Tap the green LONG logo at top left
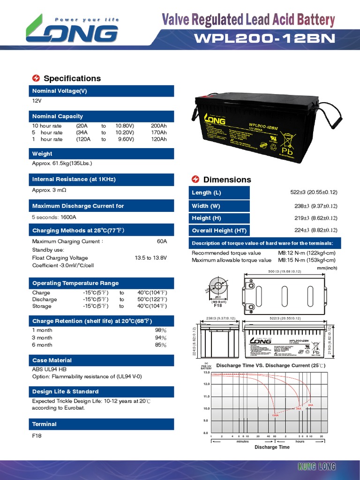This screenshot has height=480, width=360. click(x=73, y=31)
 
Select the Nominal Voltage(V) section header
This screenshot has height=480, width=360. click(x=60, y=91)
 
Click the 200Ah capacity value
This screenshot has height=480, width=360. click(x=159, y=126)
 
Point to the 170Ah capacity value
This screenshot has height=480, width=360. click(x=159, y=133)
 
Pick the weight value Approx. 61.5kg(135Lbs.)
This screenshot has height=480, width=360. click(x=62, y=163)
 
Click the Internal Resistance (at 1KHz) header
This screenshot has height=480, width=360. click(x=74, y=180)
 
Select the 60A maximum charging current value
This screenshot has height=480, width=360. click(x=162, y=241)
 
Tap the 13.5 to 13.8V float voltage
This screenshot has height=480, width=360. click(x=150, y=258)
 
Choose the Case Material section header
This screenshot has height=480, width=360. click(x=52, y=360)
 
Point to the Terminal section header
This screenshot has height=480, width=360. click(x=45, y=424)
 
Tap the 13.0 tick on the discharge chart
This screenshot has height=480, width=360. click(x=205, y=372)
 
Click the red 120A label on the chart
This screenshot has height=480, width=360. click(x=275, y=415)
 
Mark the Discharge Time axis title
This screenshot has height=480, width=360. click(x=272, y=447)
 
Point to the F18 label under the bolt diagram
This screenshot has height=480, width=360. click(x=217, y=306)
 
